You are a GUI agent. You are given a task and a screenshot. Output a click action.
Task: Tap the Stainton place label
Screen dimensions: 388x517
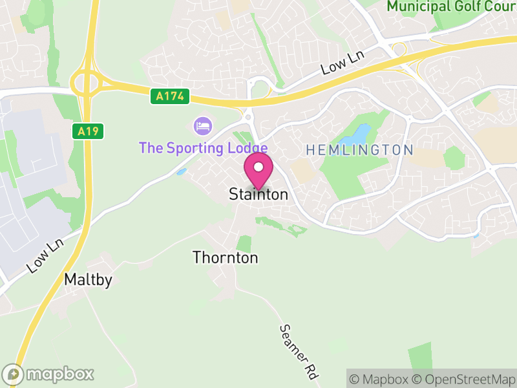[258, 195]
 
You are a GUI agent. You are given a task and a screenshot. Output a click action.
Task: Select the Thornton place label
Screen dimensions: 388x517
[226, 257]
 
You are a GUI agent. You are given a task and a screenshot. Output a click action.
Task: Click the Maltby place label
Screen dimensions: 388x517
[89, 280]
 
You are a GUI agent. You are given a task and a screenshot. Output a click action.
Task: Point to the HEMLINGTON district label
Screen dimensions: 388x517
[359, 150]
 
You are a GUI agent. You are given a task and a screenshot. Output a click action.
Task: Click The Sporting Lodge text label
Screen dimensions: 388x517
[203, 148]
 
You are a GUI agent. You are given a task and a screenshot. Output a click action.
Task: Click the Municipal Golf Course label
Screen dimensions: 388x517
[452, 6]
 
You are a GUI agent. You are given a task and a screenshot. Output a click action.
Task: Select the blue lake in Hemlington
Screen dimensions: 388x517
[355, 136]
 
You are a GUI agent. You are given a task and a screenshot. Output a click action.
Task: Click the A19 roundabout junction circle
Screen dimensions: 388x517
[85, 82]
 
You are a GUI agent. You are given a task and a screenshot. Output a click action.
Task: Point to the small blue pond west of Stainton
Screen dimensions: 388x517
[181, 172]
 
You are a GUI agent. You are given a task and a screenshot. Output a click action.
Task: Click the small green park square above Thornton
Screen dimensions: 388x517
[244, 244]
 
